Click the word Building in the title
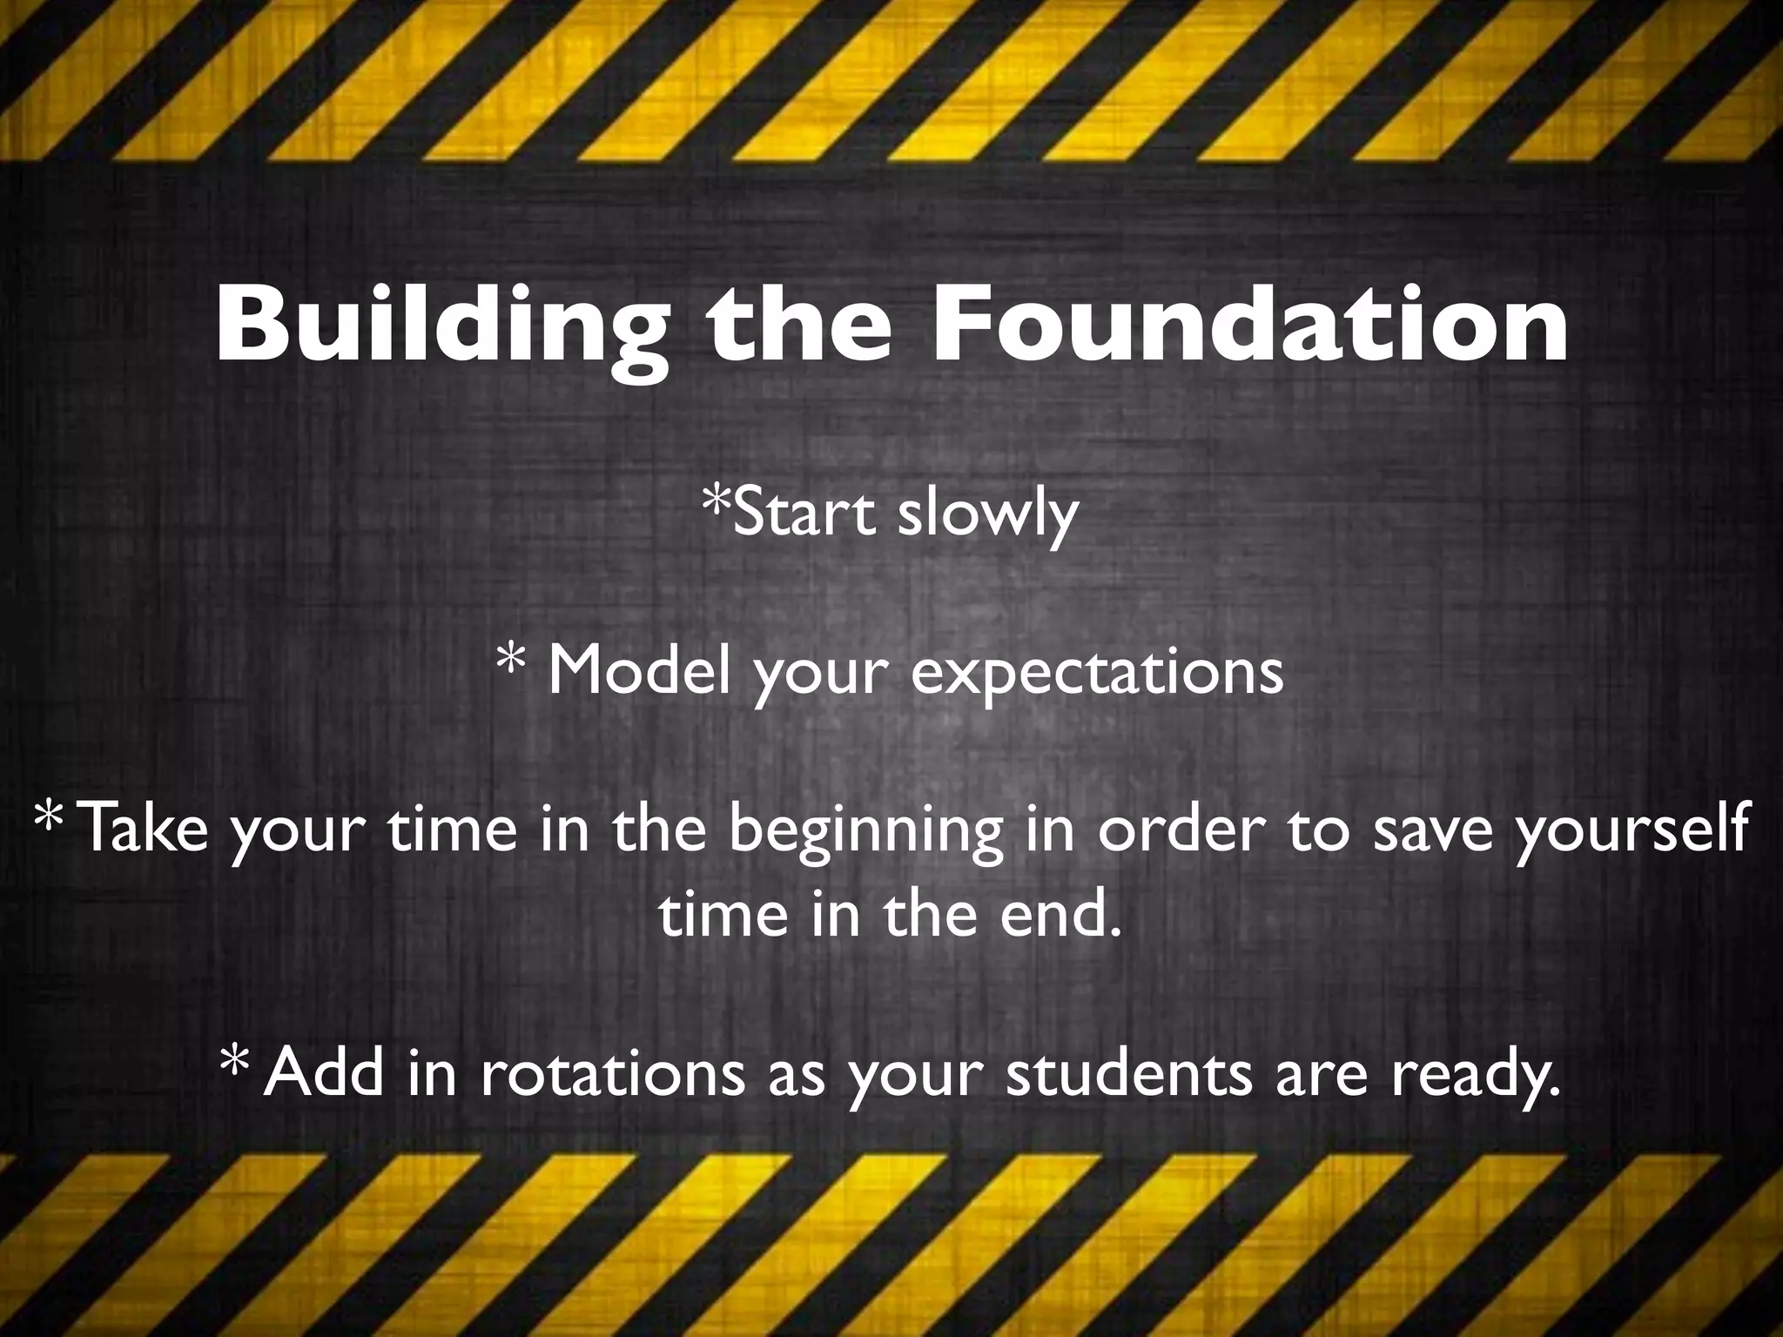[442, 326]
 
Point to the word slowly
[987, 515]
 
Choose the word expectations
[1097, 673]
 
